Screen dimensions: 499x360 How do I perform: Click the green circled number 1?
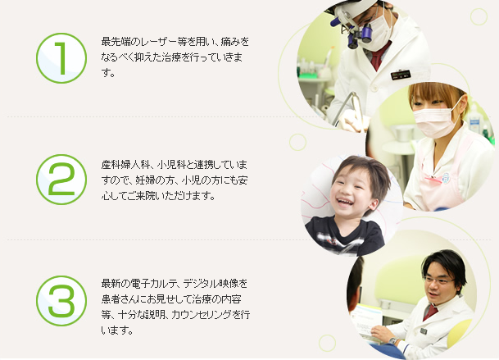61,58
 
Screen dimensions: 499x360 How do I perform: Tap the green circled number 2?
61,180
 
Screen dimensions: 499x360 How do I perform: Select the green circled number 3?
61,301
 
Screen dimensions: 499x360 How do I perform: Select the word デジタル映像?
210,283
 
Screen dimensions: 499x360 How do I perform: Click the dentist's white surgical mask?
376,33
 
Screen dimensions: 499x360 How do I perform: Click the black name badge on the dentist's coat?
401,75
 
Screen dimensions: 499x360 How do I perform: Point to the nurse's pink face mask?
436,121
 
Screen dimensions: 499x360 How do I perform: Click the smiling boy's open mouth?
345,202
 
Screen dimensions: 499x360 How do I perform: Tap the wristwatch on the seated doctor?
393,341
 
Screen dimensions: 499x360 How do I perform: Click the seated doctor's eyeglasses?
438,280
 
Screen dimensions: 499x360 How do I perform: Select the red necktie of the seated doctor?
430,312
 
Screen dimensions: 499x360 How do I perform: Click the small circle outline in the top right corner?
479,16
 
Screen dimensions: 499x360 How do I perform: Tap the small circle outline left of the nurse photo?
298,142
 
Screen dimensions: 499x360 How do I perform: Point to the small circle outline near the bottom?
327,343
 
